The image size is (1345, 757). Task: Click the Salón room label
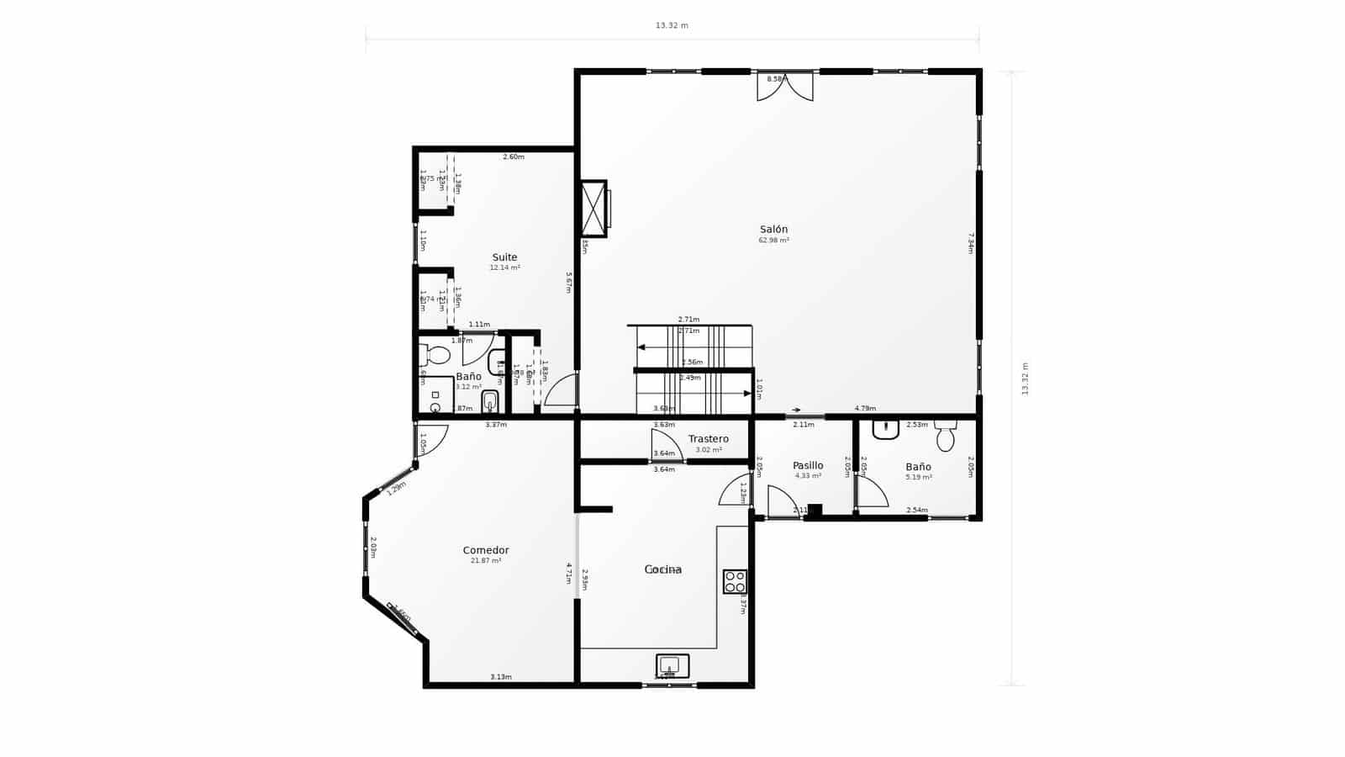[x=773, y=230]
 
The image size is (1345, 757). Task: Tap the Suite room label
[x=504, y=257]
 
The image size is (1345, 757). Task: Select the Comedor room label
[x=486, y=550]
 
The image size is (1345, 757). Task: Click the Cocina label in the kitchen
[x=662, y=569]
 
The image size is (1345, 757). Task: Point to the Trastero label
[x=708, y=439]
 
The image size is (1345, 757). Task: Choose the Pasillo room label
[x=808, y=465]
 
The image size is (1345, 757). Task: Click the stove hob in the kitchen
[x=735, y=581]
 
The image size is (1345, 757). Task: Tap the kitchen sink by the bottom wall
[x=672, y=666]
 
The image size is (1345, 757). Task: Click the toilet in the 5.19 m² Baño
[x=946, y=436]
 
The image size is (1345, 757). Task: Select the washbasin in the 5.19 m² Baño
[x=886, y=429]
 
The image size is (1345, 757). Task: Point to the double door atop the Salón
[x=785, y=87]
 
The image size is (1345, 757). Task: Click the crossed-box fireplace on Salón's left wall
[x=593, y=209]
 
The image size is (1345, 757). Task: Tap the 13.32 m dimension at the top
[x=672, y=26]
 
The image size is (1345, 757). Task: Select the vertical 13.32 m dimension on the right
[x=1025, y=378]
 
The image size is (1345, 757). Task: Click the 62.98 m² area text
[x=773, y=241]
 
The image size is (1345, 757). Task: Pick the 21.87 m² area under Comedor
[x=486, y=560]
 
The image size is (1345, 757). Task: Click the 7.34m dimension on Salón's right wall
[x=970, y=243]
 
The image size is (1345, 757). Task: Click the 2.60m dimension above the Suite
[x=513, y=157]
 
